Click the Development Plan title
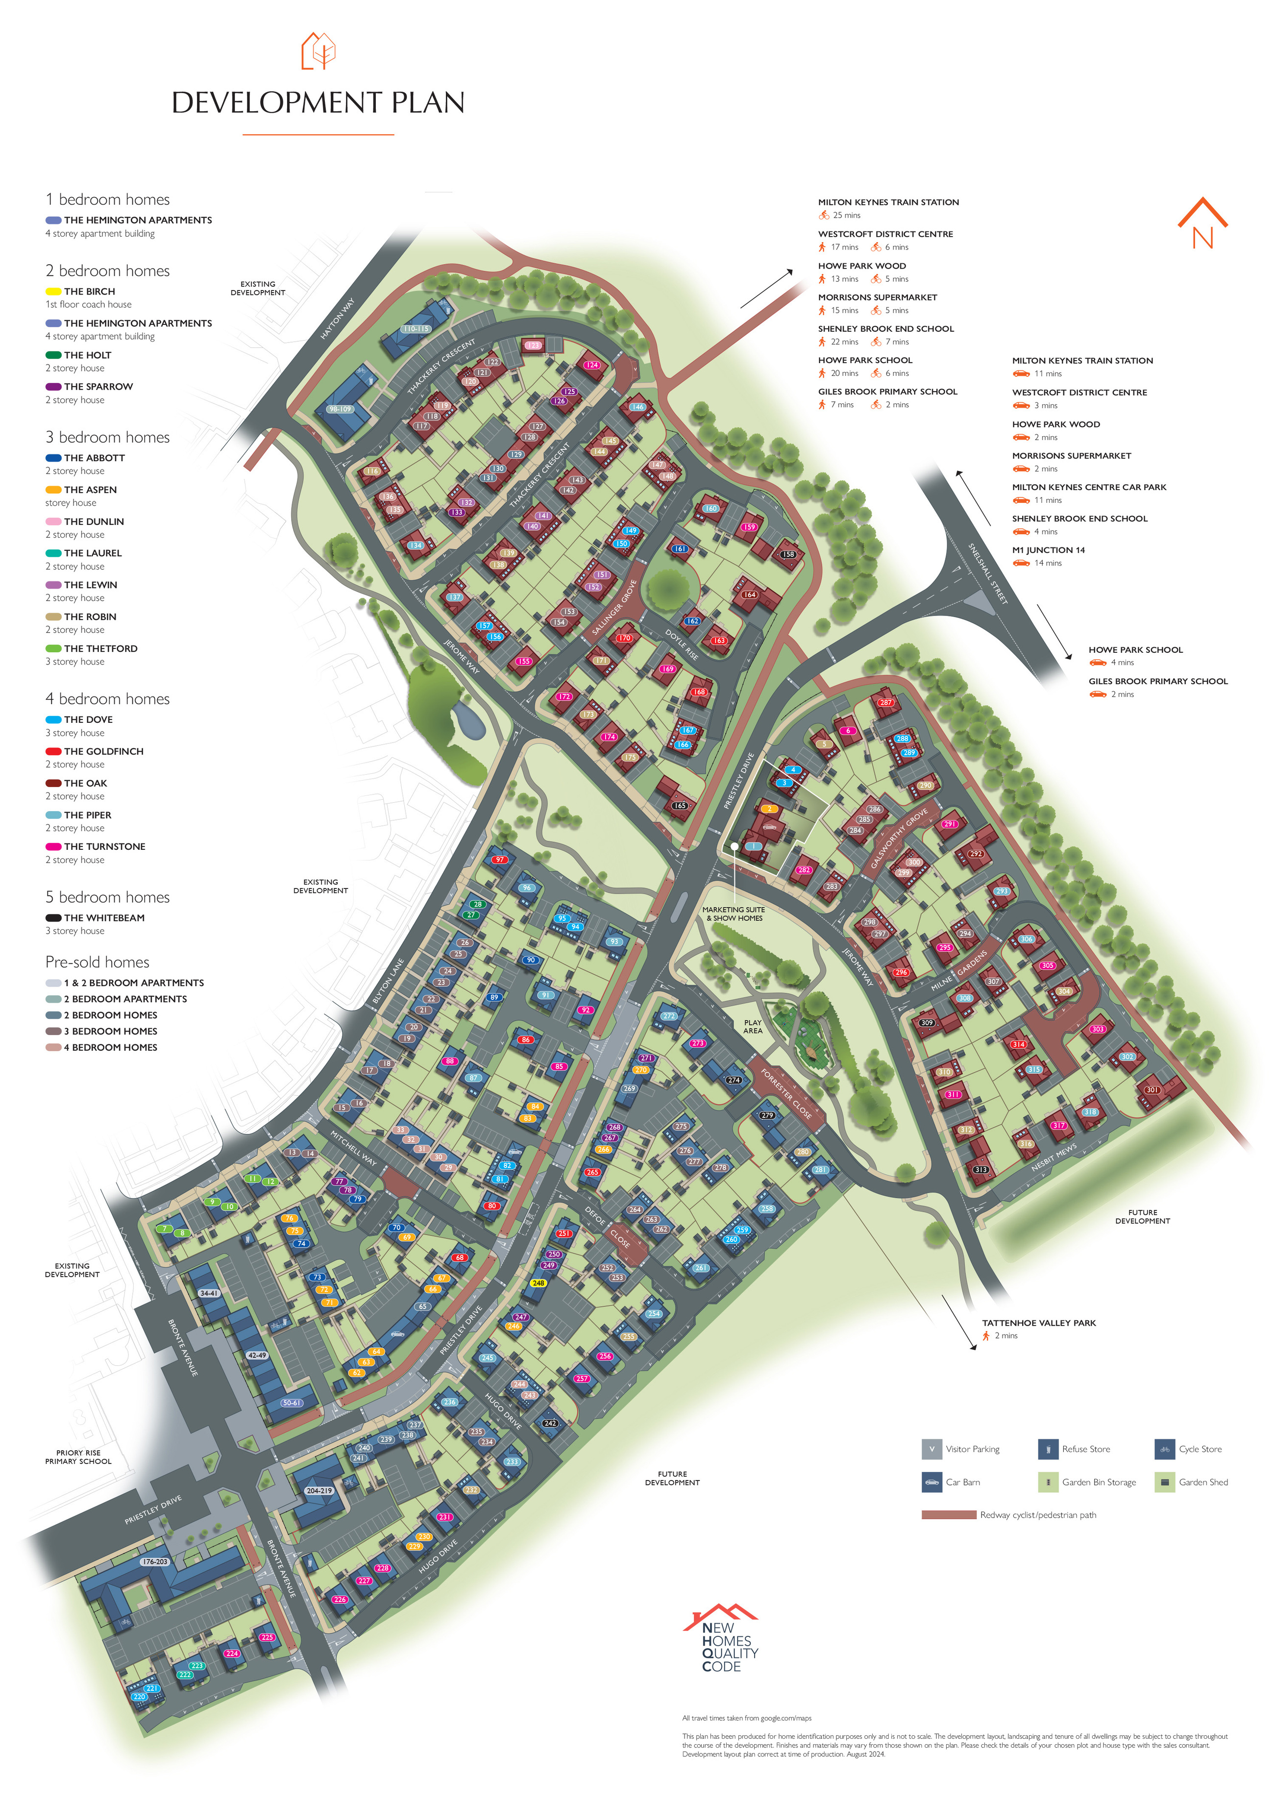pyautogui.click(x=318, y=103)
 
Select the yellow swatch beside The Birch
pyautogui.click(x=53, y=291)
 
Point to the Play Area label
pyautogui.click(x=752, y=1027)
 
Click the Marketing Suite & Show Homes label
pyautogui.click(x=733, y=913)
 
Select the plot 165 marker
pyautogui.click(x=680, y=805)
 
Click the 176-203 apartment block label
pyautogui.click(x=155, y=1562)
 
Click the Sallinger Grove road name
pyautogui.click(x=614, y=608)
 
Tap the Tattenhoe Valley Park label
pyautogui.click(x=1038, y=1322)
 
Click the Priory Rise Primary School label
pyautogui.click(x=78, y=1456)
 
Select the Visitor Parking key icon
pyautogui.click(x=931, y=1449)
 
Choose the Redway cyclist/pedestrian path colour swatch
pyautogui.click(x=948, y=1515)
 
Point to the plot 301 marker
pyautogui.click(x=1151, y=1089)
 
